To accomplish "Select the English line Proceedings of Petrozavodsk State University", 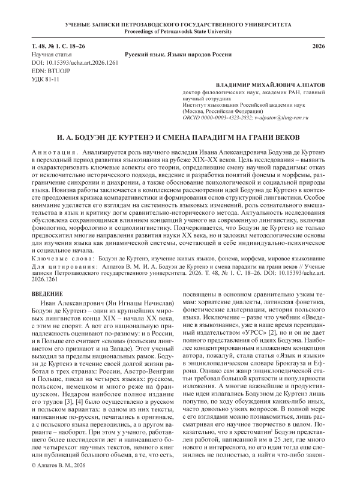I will coord(180,31).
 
